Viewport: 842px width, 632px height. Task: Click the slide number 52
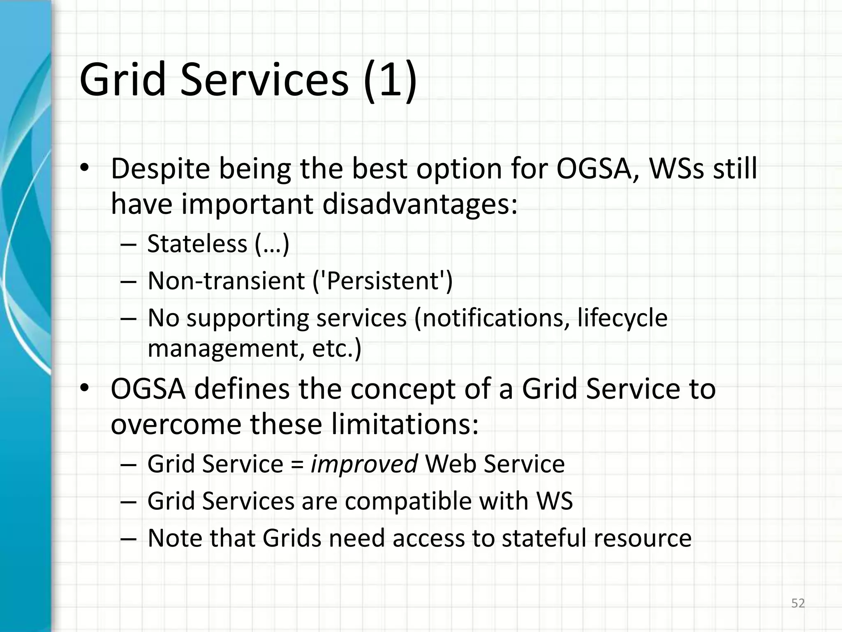tap(798, 603)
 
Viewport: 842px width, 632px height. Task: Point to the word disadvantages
tap(419, 204)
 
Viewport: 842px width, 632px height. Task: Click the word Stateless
tap(197, 244)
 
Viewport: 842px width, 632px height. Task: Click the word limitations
tap(405, 424)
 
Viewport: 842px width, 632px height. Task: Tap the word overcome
tap(176, 425)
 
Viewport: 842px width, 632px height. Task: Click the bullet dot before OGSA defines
tap(84, 388)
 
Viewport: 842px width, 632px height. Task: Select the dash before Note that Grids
tap(128, 539)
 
